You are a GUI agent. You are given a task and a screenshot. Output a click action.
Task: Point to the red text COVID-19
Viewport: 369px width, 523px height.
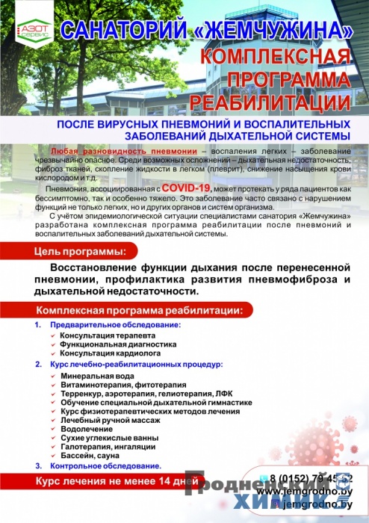[185, 188]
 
